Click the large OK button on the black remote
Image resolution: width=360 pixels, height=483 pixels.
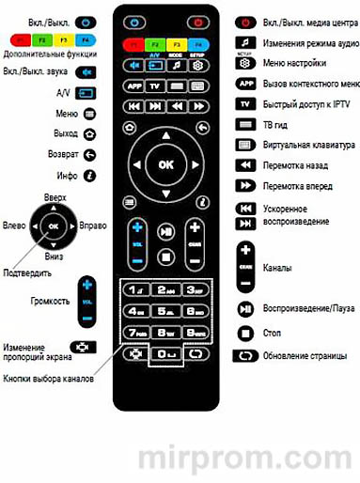[165, 165]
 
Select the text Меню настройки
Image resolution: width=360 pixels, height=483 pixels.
[294, 63]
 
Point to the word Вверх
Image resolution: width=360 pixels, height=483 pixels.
[55, 197]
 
